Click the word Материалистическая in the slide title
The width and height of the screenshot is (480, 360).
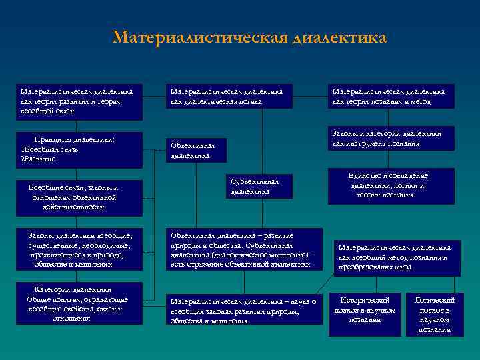point(200,37)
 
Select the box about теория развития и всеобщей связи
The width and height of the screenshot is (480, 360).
point(79,102)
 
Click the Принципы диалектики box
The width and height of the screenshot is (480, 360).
point(79,149)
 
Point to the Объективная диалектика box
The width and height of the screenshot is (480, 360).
point(197,151)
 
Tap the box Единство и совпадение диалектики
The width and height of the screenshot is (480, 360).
point(391,186)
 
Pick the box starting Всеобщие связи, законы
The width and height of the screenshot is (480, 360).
point(79,197)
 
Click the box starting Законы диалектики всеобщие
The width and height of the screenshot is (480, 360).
point(79,250)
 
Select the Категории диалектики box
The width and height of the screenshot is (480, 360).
point(79,304)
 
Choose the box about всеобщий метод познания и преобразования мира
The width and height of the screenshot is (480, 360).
point(398,257)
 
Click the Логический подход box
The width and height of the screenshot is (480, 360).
point(435,315)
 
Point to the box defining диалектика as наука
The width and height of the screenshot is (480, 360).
point(243,310)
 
